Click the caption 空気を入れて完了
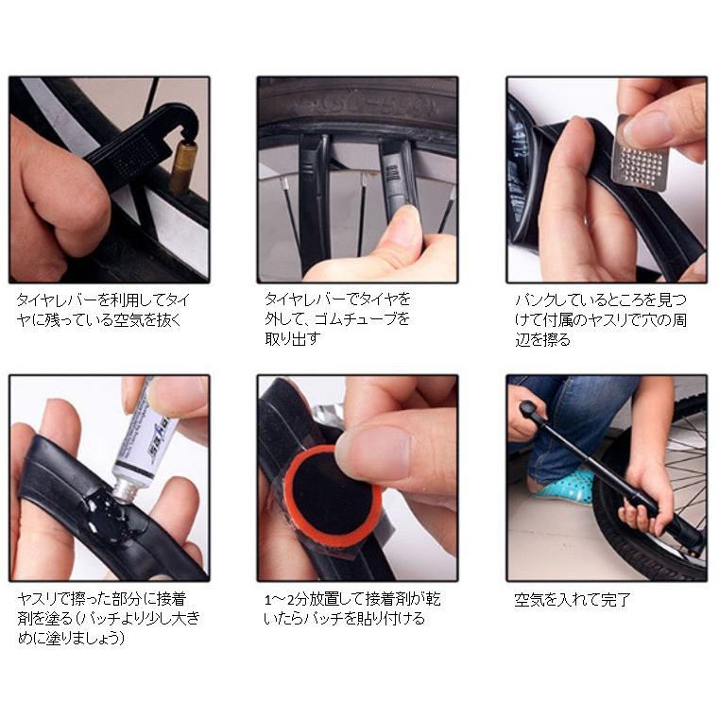(x=572, y=599)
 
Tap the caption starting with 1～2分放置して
(x=349, y=608)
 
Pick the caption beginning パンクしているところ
(x=601, y=319)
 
